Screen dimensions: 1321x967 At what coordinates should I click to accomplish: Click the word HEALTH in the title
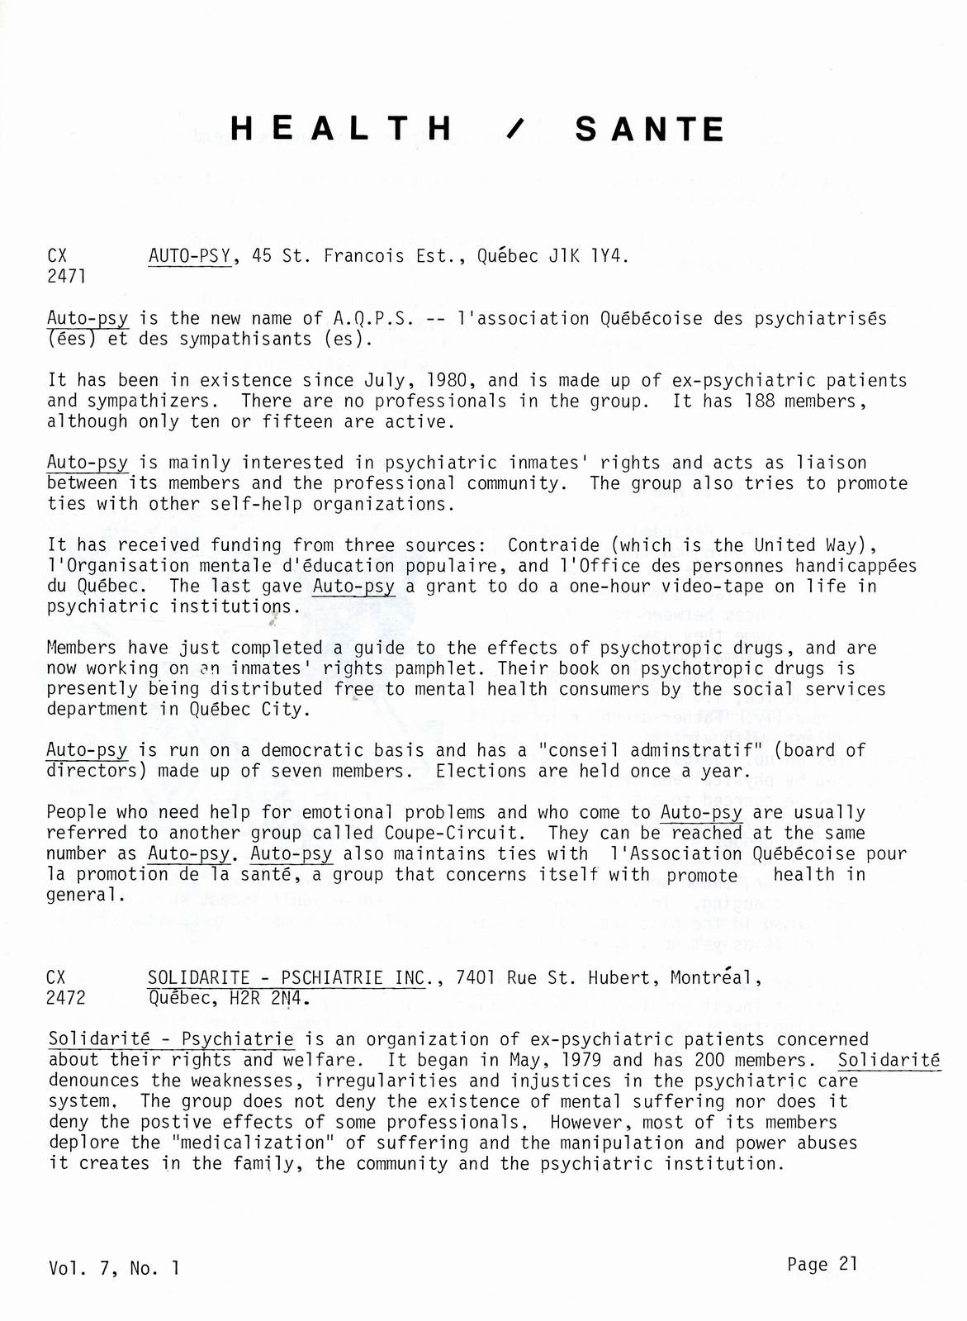(x=342, y=129)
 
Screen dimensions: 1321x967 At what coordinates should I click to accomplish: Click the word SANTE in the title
(x=650, y=129)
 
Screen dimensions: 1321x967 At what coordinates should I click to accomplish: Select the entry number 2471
(x=66, y=277)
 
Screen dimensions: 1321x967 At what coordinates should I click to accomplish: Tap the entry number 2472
(x=66, y=998)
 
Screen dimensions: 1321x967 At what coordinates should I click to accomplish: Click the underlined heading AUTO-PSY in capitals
(x=189, y=256)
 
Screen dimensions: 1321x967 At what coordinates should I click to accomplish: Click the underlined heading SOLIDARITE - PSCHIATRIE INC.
(x=287, y=978)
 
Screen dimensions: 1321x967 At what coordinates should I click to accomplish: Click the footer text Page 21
(x=822, y=1264)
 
